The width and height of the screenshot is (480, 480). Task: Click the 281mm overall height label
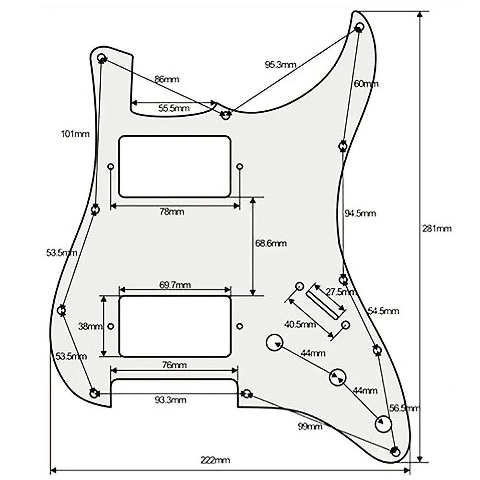[437, 228]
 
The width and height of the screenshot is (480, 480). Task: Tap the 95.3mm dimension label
[281, 65]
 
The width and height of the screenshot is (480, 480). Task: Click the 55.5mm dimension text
[174, 109]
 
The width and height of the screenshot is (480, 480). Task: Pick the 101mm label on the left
[75, 134]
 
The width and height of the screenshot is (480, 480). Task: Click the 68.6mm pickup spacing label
[271, 244]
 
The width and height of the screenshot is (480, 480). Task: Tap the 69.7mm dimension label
[175, 285]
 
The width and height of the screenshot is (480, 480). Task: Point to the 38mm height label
[90, 327]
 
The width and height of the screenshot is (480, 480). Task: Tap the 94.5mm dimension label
[361, 213]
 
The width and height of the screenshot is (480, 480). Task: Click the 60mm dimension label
[366, 83]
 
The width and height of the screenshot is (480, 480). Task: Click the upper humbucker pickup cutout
[175, 166]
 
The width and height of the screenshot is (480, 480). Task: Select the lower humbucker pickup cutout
[175, 326]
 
